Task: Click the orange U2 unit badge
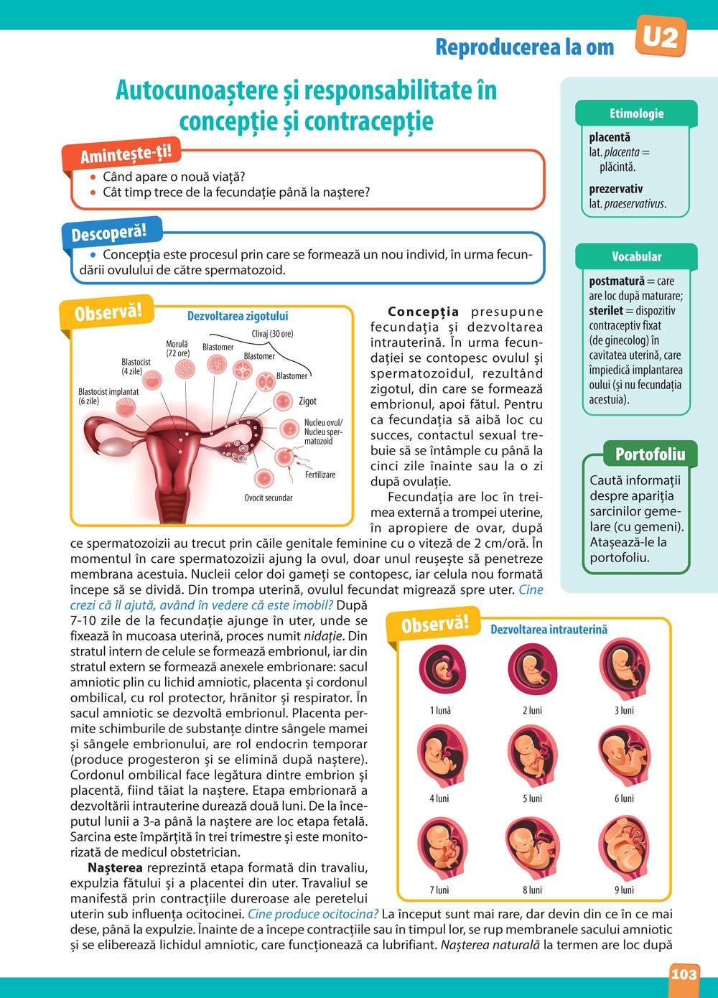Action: pyautogui.click(x=660, y=36)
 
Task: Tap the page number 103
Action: pyautogui.click(x=684, y=974)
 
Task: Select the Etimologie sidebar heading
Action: pyautogui.click(x=636, y=113)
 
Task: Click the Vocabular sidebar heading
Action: pyautogui.click(x=636, y=256)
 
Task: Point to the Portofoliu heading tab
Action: pyautogui.click(x=650, y=454)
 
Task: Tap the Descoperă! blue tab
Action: pyautogui.click(x=109, y=233)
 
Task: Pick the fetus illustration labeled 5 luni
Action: pyautogui.click(x=532, y=757)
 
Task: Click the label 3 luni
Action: pyautogui.click(x=624, y=710)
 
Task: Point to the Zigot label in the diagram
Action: pyautogui.click(x=307, y=401)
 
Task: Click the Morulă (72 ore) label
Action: pyautogui.click(x=177, y=349)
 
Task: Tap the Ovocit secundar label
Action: pyautogui.click(x=269, y=498)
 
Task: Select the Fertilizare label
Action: pyautogui.click(x=320, y=475)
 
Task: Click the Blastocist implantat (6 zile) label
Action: pyautogui.click(x=108, y=396)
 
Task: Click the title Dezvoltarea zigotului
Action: pyautogui.click(x=238, y=316)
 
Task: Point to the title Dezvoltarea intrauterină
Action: pyautogui.click(x=549, y=630)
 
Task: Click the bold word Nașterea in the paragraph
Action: pyautogui.click(x=115, y=868)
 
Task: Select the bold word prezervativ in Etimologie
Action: pyautogui.click(x=615, y=189)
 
